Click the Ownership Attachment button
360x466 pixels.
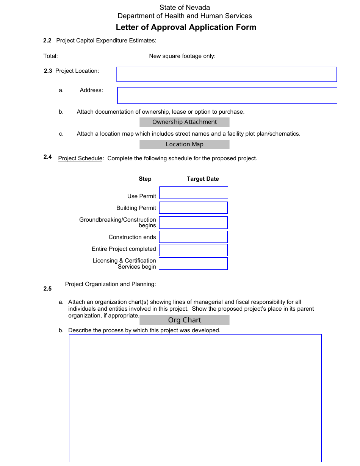184,122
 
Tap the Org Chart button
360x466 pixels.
184,320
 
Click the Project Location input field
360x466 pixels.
226,74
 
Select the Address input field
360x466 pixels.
227,95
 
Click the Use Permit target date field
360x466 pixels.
193,193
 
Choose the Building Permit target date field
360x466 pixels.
193,208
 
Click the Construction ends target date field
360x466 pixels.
193,237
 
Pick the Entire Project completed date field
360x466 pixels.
193,250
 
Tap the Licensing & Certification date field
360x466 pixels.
193,264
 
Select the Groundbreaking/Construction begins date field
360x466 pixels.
193,223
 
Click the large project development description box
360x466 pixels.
195,398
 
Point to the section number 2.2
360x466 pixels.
47,41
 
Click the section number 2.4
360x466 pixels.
47,157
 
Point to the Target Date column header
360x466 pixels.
203,179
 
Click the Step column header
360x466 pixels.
145,179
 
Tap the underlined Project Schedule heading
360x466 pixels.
80,158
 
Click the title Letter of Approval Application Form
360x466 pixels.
186,27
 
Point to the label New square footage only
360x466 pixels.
182,56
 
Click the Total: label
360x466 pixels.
50,56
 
